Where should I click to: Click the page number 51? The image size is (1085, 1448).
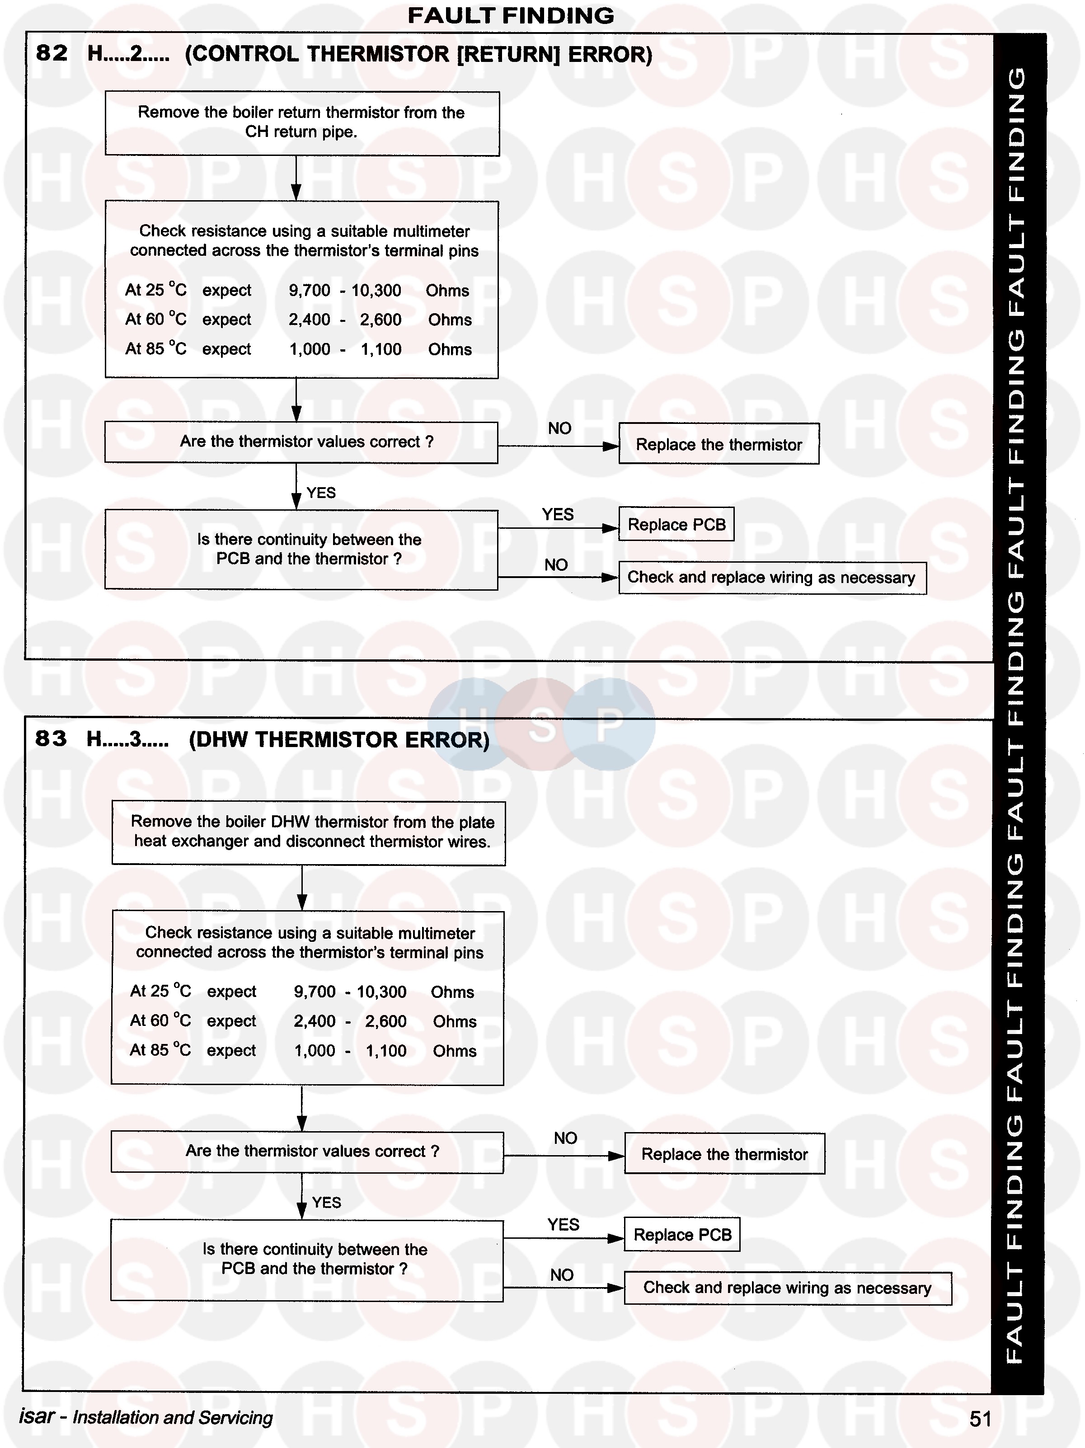pos(980,1419)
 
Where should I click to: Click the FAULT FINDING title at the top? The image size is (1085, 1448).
pos(511,16)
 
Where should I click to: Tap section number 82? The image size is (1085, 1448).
pos(52,53)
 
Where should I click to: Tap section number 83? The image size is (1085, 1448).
pos(51,738)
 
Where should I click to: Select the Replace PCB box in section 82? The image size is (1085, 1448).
pos(676,524)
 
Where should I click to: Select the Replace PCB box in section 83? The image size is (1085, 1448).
pos(682,1235)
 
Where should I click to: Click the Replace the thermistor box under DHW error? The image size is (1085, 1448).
pos(724,1154)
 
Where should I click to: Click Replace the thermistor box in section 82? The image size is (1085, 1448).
pos(719,445)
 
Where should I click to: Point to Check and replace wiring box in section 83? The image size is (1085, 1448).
pos(787,1288)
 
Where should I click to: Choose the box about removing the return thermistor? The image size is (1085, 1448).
pos(302,122)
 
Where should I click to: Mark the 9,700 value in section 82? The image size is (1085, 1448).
pos(310,290)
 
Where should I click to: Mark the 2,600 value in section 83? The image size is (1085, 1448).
pos(385,1021)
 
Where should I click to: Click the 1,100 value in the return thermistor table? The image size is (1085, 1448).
pos(381,349)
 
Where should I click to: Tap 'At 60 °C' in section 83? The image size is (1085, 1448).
pos(160,1020)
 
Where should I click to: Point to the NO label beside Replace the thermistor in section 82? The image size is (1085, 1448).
pos(559,428)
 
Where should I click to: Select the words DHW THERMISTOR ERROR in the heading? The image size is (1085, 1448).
pos(339,740)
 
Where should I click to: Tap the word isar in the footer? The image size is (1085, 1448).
pos(37,1416)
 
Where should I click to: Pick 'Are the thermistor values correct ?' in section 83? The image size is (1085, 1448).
pos(312,1152)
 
